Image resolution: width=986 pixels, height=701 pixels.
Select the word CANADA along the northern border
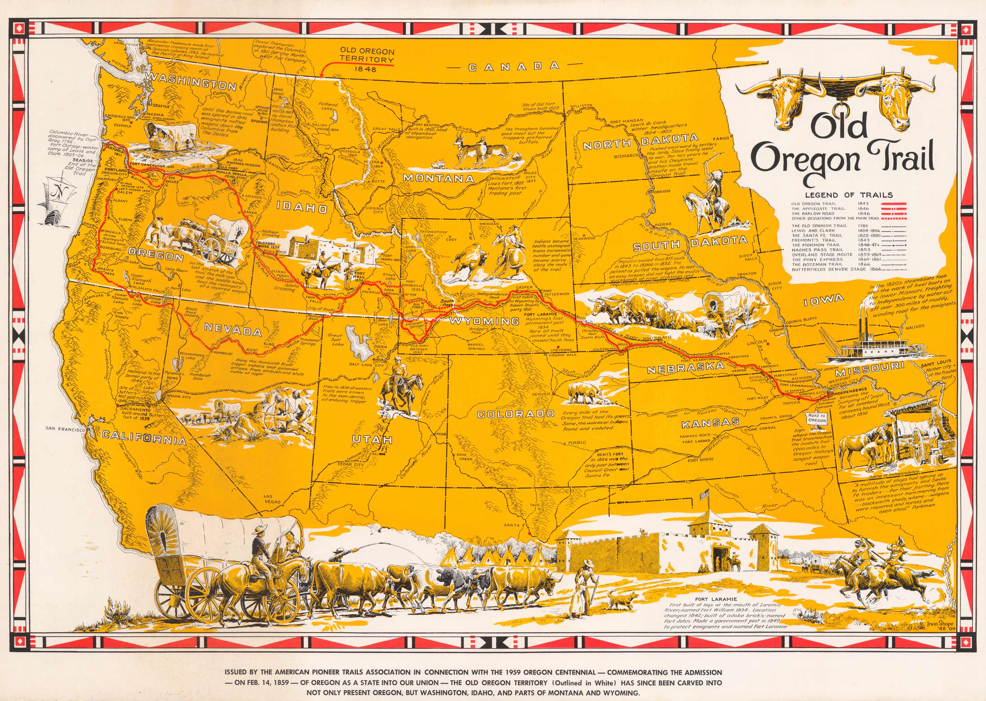514,67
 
